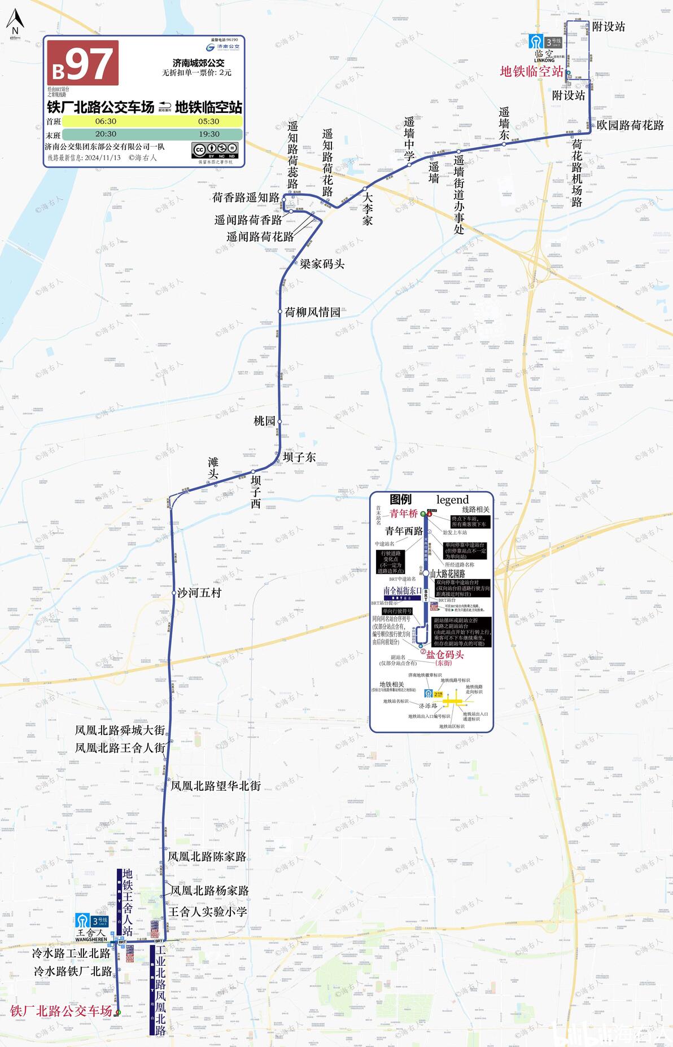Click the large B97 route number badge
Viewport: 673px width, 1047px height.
[x=82, y=63]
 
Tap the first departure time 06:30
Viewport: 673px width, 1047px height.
[x=106, y=121]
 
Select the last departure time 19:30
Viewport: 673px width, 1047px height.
[x=209, y=134]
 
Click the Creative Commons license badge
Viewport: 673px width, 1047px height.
[x=215, y=150]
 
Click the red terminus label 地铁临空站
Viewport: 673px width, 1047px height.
[x=531, y=72]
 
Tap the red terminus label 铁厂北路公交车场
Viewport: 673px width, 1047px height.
[x=61, y=1011]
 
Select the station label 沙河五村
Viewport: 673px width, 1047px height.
[x=199, y=593]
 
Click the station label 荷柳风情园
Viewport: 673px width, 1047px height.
[x=312, y=312]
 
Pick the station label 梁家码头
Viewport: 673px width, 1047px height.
[x=322, y=264]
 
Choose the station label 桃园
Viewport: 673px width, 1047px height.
[x=264, y=421]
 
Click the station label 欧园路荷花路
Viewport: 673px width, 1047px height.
[x=630, y=125]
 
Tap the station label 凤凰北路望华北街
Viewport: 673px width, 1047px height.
[x=215, y=786]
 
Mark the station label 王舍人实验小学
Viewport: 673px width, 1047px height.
[x=208, y=912]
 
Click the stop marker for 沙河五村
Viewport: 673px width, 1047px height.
[x=174, y=593]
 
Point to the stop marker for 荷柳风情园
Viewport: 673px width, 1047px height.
[x=280, y=312]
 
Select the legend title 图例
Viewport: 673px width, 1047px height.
[x=400, y=500]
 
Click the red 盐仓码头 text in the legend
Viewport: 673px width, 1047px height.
[x=444, y=655]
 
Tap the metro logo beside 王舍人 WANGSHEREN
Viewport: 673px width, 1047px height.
[x=82, y=921]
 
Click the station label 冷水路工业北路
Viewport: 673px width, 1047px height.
[x=71, y=953]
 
